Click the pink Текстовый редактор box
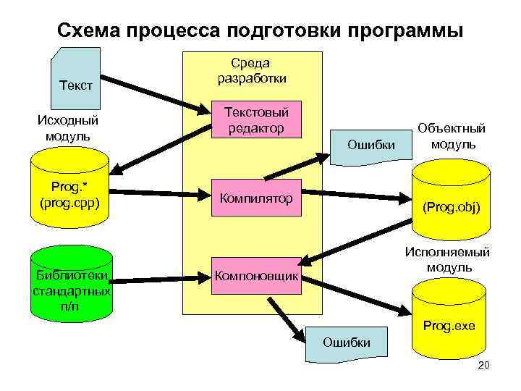pyautogui.click(x=255, y=120)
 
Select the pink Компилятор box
pyautogui.click(x=255, y=198)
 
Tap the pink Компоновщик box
pyautogui.click(x=255, y=276)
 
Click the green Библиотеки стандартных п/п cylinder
pyautogui.click(x=72, y=282)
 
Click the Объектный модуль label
pyautogui.click(x=452, y=135)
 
